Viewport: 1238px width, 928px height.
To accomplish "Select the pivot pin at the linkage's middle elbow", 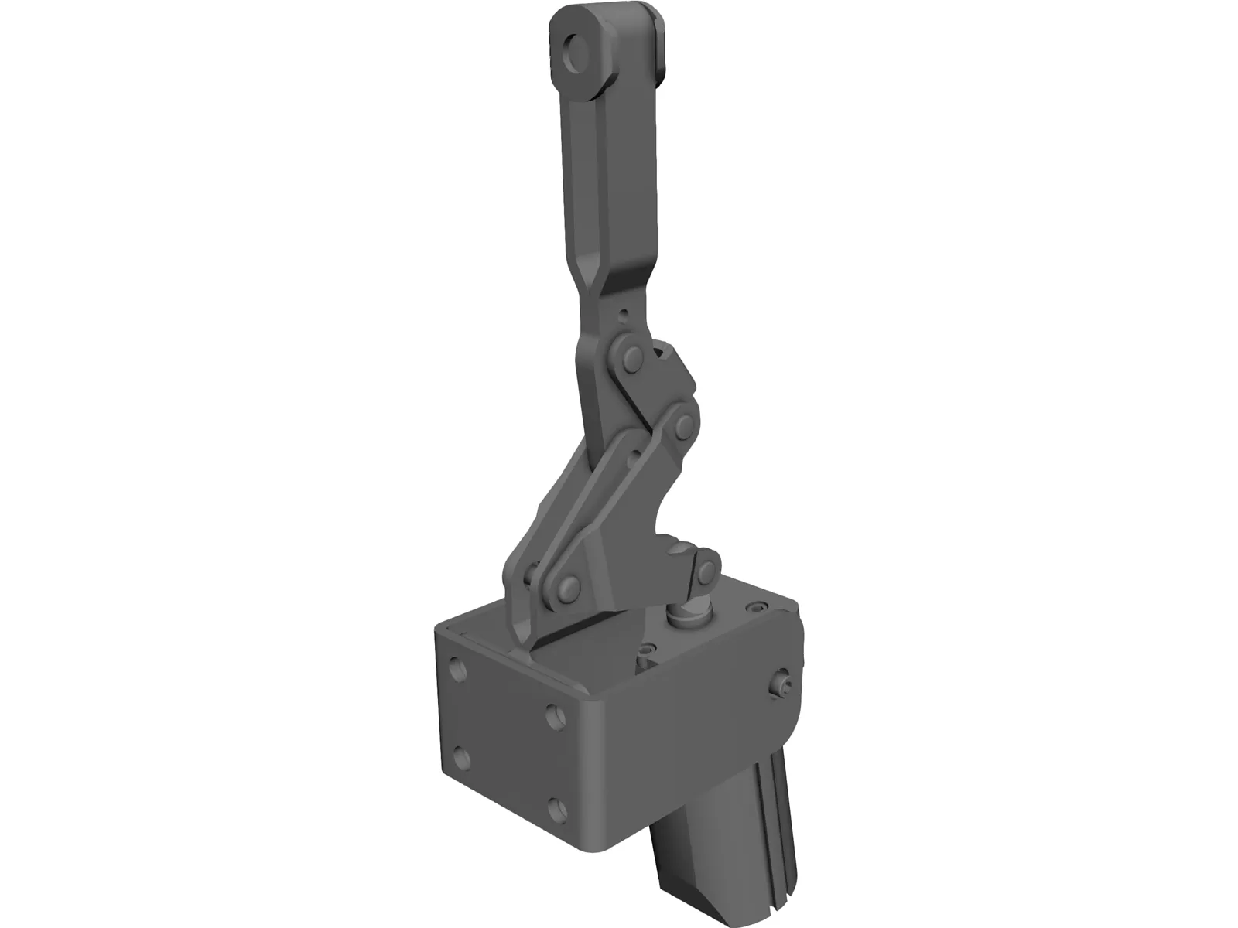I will click(x=682, y=424).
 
